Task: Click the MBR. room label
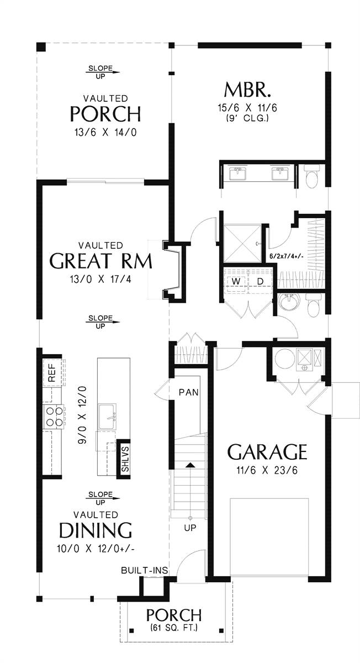pyautogui.click(x=247, y=90)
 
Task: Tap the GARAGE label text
pyautogui.click(x=267, y=452)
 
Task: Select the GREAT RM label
pyautogui.click(x=100, y=260)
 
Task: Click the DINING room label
pyautogui.click(x=96, y=530)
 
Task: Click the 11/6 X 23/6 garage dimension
pyautogui.click(x=267, y=471)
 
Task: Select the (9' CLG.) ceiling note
pyautogui.click(x=247, y=118)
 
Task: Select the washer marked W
pyautogui.click(x=236, y=282)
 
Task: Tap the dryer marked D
pyautogui.click(x=260, y=282)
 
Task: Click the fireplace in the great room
pyautogui.click(x=174, y=271)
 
